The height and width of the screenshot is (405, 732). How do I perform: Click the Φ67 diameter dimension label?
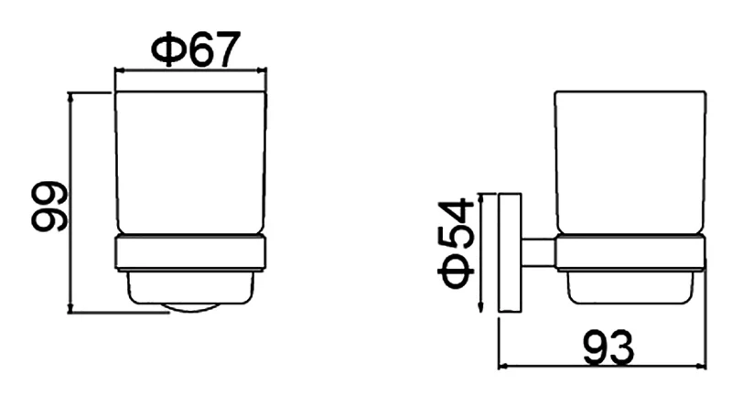tap(196, 48)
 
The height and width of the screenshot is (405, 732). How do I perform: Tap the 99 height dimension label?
tap(49, 207)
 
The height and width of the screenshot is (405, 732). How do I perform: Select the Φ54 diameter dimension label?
tap(456, 242)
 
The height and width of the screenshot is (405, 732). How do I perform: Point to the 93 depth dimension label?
tap(608, 347)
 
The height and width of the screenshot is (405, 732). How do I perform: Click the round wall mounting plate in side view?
tap(511, 252)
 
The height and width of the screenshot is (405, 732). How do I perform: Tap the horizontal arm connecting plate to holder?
tap(538, 253)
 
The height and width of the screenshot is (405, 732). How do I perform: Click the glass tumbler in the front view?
tap(190, 163)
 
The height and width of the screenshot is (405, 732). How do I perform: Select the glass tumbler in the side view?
tap(630, 163)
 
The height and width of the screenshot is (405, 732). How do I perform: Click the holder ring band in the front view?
tap(190, 253)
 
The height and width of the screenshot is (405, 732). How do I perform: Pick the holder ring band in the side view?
tap(630, 253)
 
